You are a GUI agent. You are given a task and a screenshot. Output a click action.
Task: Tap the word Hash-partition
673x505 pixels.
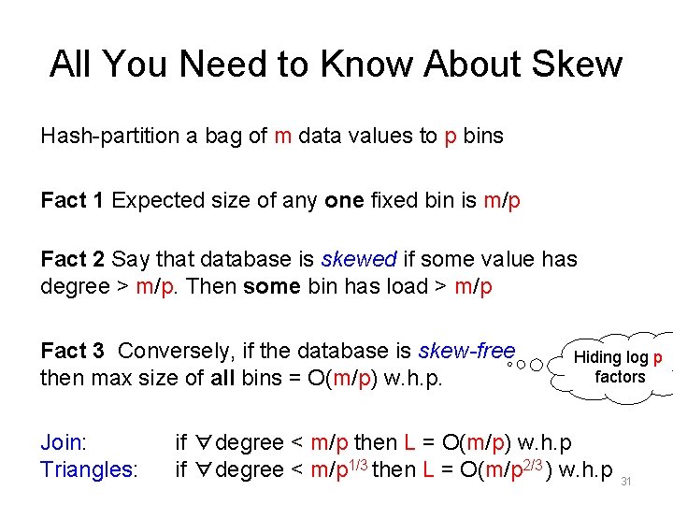[110, 137]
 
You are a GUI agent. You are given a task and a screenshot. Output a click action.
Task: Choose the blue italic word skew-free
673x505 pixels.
[467, 352]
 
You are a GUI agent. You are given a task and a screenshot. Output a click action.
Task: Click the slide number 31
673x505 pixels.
[627, 482]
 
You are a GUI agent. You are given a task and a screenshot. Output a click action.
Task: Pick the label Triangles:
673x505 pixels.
[90, 469]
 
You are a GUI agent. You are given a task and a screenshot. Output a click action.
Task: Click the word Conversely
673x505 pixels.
[176, 352]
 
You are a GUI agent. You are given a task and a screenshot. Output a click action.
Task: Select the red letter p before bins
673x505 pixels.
[451, 137]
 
